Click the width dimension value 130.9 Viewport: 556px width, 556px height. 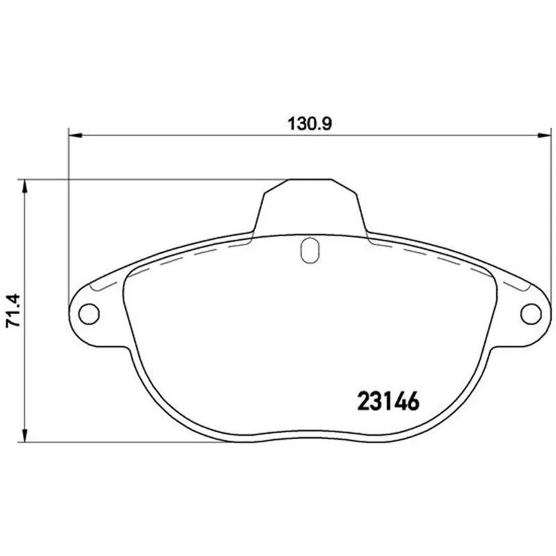coord(309,124)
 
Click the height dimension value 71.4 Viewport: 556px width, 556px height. coord(15,310)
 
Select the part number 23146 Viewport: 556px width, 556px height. coord(389,402)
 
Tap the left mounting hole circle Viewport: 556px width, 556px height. coord(89,314)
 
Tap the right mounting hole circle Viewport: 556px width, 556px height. coord(531,314)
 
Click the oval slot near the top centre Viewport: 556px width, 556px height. coord(309,250)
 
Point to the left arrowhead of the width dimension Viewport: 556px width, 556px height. coord(75,135)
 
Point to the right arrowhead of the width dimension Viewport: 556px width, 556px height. coord(545,135)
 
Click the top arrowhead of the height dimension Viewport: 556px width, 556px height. coord(24,186)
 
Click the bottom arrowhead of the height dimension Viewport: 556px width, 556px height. coord(24,435)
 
